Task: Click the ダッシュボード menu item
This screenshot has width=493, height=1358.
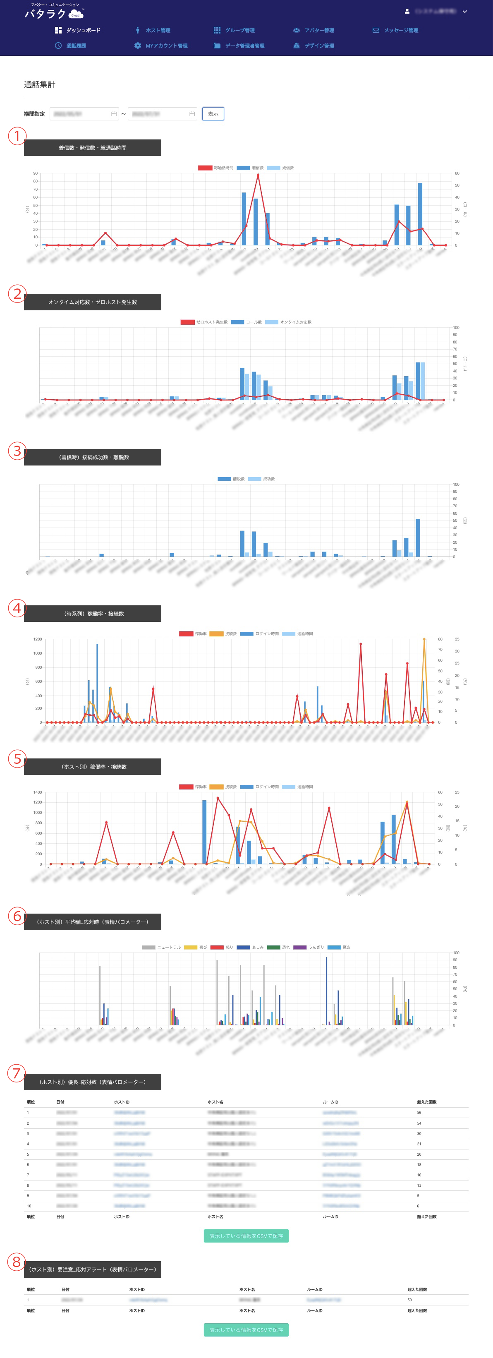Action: (x=78, y=31)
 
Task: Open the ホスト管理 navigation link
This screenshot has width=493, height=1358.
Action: (x=153, y=31)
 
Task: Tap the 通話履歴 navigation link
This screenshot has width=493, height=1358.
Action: (x=71, y=46)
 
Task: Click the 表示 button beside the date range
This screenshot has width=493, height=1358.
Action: (x=213, y=114)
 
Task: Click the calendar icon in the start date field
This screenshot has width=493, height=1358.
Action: (x=114, y=114)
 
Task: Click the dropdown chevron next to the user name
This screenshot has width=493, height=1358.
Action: (x=464, y=12)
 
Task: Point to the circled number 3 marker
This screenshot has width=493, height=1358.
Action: (x=17, y=451)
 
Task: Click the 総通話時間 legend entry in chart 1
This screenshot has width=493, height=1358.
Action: (x=216, y=168)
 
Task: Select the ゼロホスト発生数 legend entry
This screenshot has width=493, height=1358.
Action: (x=204, y=322)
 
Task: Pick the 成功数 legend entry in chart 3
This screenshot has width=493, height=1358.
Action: (x=262, y=479)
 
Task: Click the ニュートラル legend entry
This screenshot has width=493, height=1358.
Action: (x=162, y=948)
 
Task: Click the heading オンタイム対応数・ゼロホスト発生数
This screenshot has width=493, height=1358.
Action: (x=93, y=302)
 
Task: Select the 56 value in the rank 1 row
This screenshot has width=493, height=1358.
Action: (x=419, y=1112)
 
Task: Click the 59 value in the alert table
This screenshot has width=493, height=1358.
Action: (x=409, y=1300)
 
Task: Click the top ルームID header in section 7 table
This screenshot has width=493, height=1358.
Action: (x=330, y=1102)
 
